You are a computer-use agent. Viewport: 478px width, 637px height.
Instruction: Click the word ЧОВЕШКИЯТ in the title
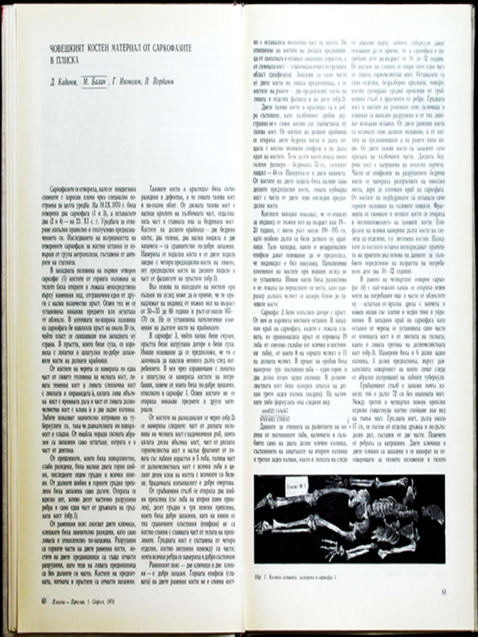coord(70,50)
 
